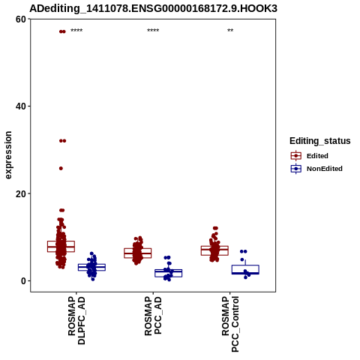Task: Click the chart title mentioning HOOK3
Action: pos(153,8)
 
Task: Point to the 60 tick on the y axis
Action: pos(21,19)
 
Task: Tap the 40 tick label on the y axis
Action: pos(21,106)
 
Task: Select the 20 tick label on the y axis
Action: pos(21,193)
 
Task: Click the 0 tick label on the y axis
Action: pos(24,280)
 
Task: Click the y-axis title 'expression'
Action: pos(8,155)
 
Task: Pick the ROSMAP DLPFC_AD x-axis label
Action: pos(76,320)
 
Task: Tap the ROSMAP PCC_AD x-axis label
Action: pos(153,316)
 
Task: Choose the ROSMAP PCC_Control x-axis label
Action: pos(230,324)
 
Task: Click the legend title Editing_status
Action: pos(320,141)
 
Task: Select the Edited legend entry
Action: pos(309,156)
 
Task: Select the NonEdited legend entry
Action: pos(316,169)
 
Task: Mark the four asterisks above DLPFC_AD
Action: pos(76,31)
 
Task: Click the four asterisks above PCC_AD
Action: pos(153,31)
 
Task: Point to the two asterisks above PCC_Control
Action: pos(230,31)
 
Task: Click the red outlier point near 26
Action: pos(61,169)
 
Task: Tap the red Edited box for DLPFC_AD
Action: pos(61,247)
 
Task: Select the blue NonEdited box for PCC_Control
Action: pos(245,269)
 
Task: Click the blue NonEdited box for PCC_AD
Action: pos(169,273)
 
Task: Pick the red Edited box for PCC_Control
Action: pos(214,250)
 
